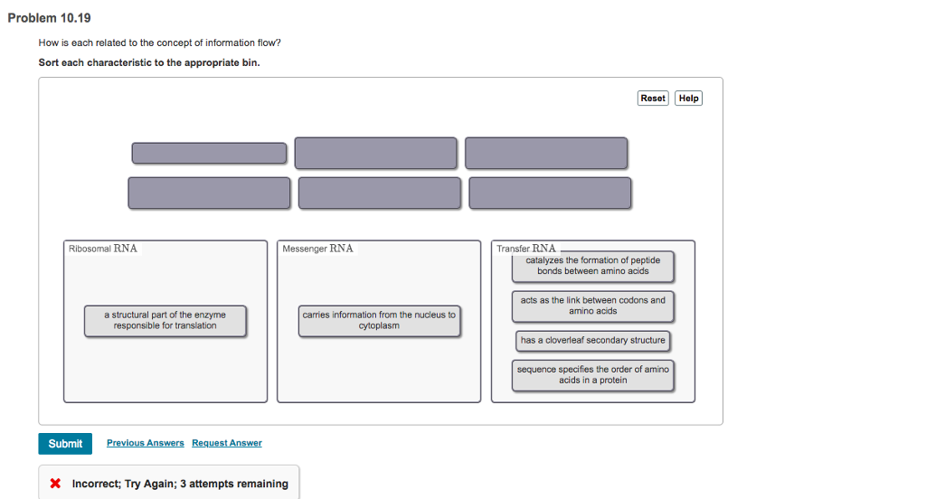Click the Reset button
coord(652,99)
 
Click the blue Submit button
coord(65,444)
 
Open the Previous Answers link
coord(145,443)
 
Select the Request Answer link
coord(227,443)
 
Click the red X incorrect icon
coord(56,484)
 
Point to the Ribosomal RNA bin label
coord(103,249)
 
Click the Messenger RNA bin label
coord(317,249)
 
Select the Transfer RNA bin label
coord(526,249)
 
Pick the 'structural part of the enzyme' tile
coord(165,320)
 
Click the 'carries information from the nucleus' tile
coord(379,320)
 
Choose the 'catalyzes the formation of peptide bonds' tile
coord(592,266)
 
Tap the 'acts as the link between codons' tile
coord(592,306)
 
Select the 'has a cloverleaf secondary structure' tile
coord(592,341)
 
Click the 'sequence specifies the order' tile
coord(592,375)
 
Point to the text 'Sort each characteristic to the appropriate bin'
coord(149,62)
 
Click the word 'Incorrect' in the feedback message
coord(95,484)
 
